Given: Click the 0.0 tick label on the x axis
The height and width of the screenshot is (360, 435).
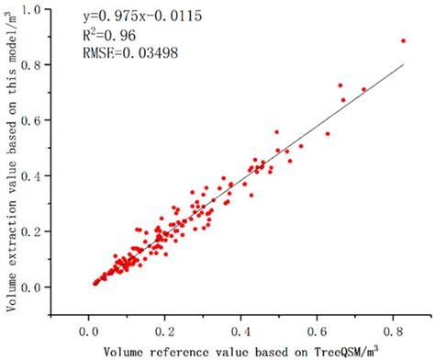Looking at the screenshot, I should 88,328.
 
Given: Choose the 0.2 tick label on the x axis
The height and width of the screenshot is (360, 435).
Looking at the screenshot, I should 165,328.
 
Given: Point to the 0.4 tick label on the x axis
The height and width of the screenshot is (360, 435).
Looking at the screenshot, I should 242,328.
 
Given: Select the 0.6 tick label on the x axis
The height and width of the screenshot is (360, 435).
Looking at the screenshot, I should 319,328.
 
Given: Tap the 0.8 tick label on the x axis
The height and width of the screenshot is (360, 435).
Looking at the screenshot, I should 396,328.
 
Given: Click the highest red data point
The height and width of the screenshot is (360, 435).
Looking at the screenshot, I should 403,40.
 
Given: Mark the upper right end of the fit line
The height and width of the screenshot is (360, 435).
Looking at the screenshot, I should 404,64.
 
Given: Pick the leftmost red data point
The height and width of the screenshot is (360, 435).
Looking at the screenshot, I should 95,284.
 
